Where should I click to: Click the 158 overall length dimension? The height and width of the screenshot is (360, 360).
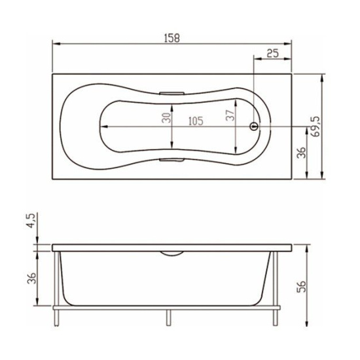171,37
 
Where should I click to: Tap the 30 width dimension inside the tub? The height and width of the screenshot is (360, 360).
167,118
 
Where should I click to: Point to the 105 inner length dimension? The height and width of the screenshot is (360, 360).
194,120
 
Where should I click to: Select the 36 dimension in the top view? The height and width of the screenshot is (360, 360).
302,152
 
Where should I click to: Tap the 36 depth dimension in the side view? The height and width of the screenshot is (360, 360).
31,278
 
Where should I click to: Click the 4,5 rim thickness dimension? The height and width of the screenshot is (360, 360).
31,220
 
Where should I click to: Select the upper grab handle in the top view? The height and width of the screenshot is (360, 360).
171,93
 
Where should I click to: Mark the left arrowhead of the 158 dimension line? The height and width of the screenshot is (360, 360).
54,45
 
